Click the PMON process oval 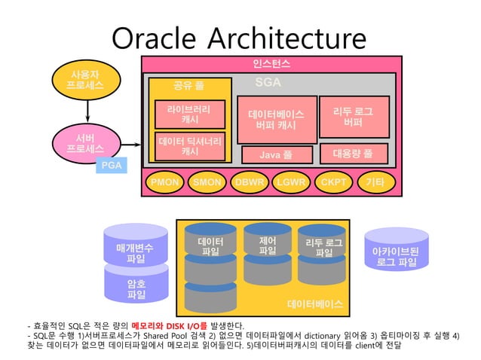tap(164, 182)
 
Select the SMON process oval tap(207, 182)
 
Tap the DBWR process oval tap(249, 182)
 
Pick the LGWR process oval tap(290, 182)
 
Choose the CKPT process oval tap(333, 182)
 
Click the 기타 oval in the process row tap(375, 182)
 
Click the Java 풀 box tap(275, 155)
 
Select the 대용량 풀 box tap(352, 153)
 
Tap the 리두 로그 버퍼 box tap(353, 117)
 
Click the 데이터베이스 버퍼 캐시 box tap(276, 120)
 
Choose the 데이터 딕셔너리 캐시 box tap(190, 146)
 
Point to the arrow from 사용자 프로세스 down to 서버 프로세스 tap(88, 111)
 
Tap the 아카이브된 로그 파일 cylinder tap(396, 252)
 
